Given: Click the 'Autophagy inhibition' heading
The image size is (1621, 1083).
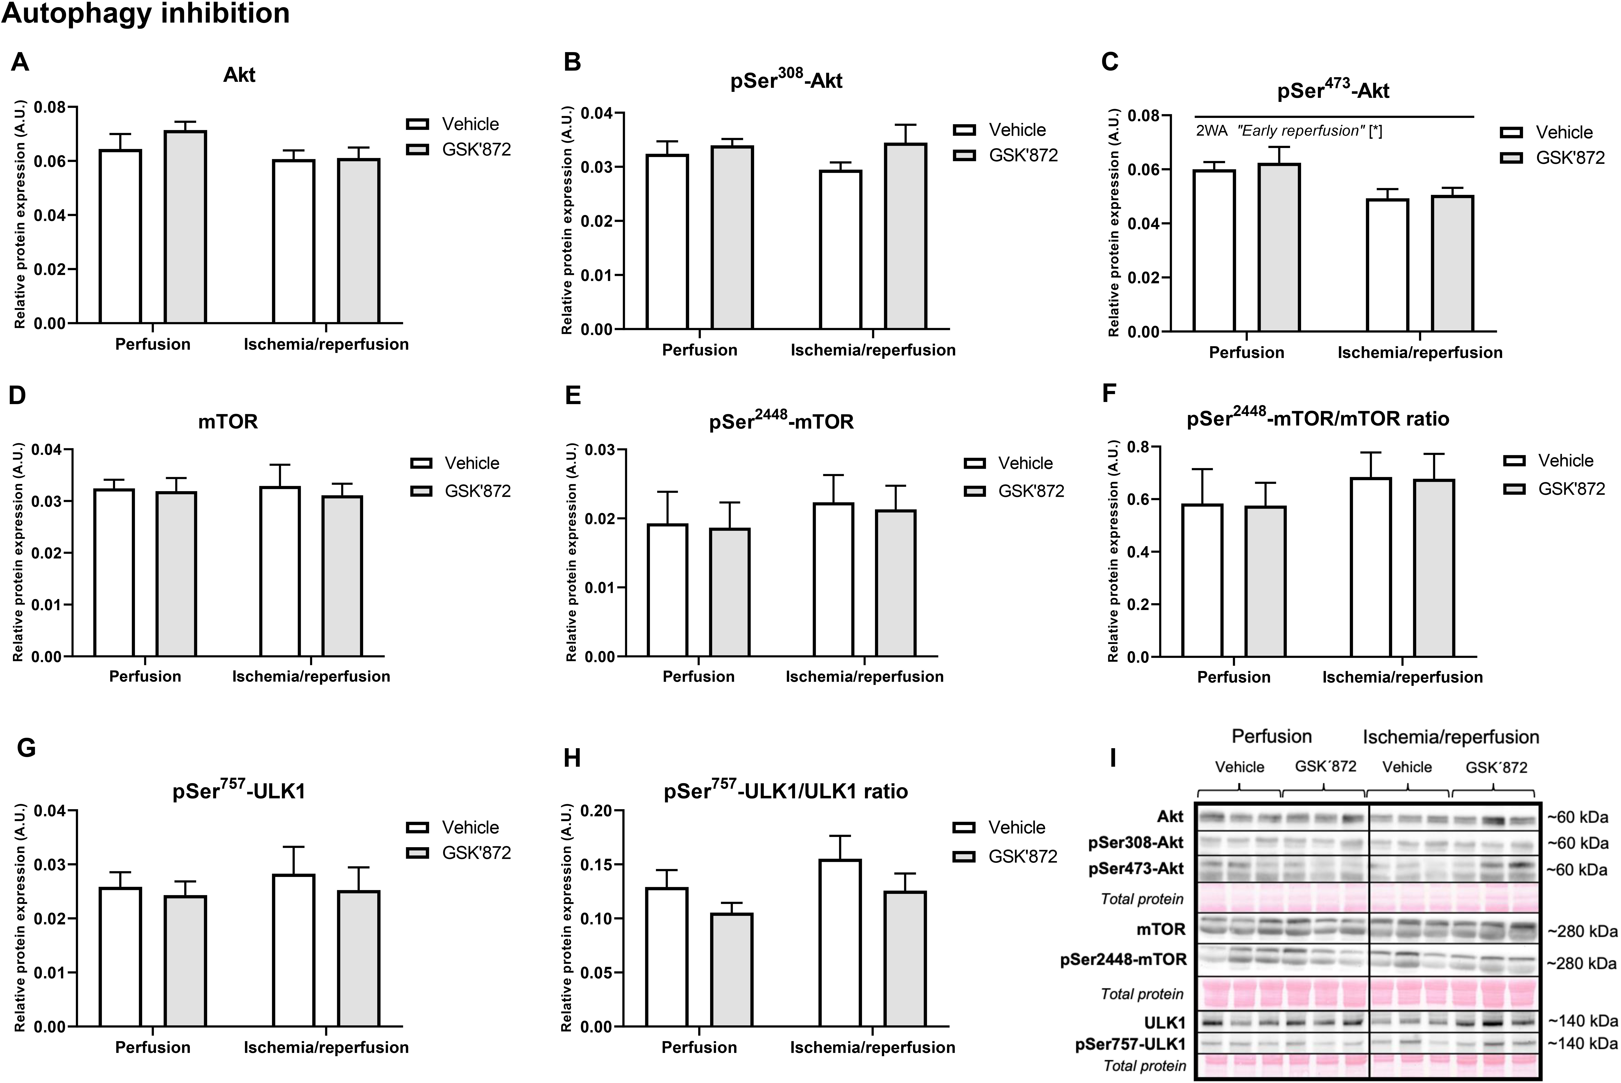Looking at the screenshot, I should pos(145,14).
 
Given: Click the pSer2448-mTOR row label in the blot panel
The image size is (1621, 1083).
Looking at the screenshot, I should pos(1123,959).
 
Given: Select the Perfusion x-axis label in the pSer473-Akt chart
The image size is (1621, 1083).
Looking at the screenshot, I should pos(1246,352).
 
